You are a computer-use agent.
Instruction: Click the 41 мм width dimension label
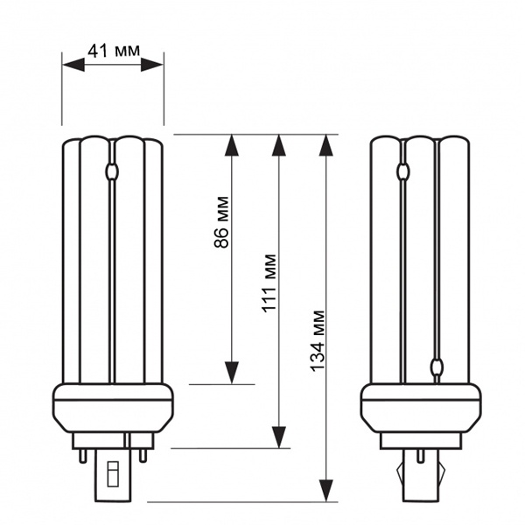tap(114, 51)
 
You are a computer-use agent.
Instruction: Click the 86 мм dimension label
tap(221, 222)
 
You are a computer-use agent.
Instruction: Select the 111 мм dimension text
tap(269, 283)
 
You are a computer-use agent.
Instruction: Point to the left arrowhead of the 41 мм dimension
tap(73, 64)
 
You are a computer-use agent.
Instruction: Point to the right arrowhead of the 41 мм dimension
tap(152, 64)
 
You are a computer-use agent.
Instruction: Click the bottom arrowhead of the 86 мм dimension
tap(232, 373)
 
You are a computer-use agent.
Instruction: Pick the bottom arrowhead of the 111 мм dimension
tap(279, 437)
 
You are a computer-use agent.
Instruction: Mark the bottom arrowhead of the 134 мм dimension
tap(326, 491)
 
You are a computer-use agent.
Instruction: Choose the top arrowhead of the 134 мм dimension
tap(326, 145)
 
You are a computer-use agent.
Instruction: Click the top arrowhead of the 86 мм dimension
tap(232, 145)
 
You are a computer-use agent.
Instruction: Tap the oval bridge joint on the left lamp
tap(112, 171)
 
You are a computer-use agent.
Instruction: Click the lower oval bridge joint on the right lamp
tap(437, 367)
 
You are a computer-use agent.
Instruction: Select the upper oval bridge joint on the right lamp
tap(402, 171)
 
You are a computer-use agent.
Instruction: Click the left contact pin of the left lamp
tap(83, 456)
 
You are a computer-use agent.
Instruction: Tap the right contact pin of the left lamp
tap(143, 456)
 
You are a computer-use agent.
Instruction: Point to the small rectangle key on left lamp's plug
tap(113, 473)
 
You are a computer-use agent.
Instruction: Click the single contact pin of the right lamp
tap(421, 456)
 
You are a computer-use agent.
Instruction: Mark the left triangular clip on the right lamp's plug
tap(401, 472)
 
